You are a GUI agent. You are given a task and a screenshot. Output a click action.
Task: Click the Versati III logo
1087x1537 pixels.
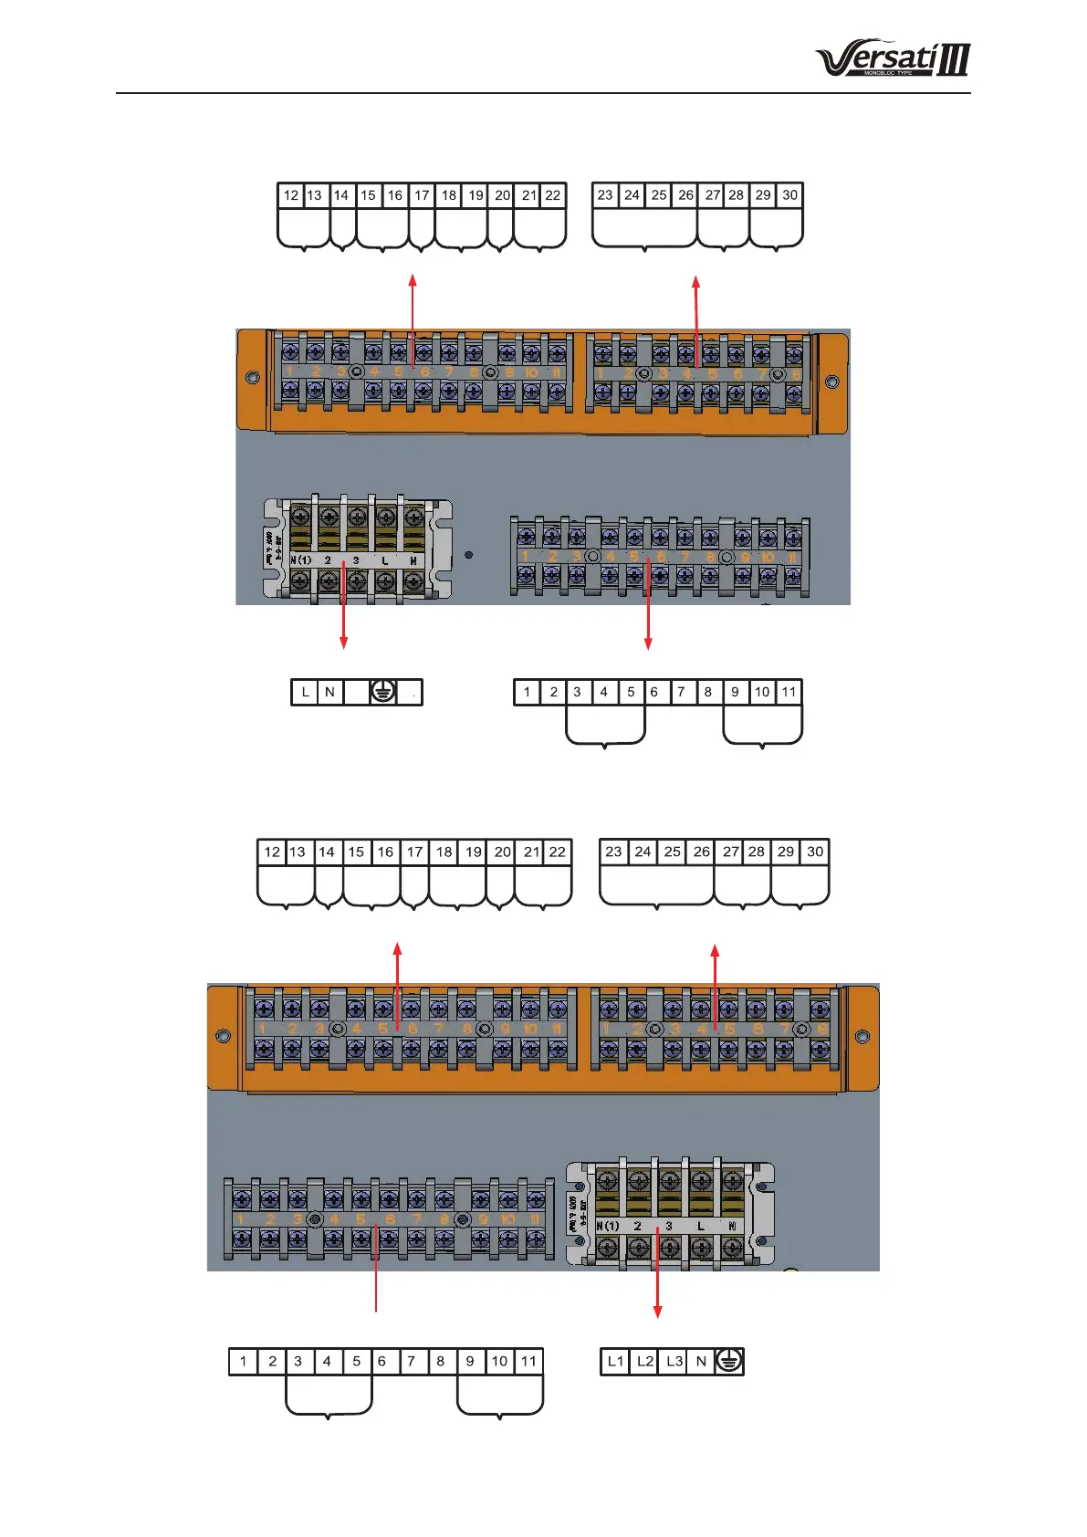click(892, 59)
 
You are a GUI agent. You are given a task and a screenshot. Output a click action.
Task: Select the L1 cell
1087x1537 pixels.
click(615, 1361)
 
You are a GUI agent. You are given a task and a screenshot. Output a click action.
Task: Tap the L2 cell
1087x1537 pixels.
click(644, 1361)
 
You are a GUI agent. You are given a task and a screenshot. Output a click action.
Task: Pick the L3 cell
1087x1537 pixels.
click(674, 1361)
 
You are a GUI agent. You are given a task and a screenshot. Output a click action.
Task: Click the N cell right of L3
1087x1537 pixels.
click(701, 1361)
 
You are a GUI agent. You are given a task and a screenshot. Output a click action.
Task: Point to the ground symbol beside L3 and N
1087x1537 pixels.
click(729, 1361)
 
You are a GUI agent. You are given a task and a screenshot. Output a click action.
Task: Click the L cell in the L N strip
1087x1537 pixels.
click(305, 692)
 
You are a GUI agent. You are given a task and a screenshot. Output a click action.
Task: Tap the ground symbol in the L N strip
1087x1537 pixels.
click(383, 692)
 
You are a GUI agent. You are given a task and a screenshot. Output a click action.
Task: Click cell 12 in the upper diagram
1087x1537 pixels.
click(290, 195)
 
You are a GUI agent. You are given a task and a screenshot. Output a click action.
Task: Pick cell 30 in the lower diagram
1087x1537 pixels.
click(815, 852)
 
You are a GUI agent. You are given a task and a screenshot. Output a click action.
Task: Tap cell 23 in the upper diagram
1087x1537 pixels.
click(605, 195)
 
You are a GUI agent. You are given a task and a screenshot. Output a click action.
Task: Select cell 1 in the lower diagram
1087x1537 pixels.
click(243, 1361)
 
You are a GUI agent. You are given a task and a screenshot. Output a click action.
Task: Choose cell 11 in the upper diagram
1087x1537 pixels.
click(789, 692)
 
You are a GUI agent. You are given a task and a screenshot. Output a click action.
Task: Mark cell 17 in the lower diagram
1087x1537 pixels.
click(414, 852)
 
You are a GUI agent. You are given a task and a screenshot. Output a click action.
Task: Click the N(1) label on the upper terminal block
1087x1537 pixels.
click(300, 559)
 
